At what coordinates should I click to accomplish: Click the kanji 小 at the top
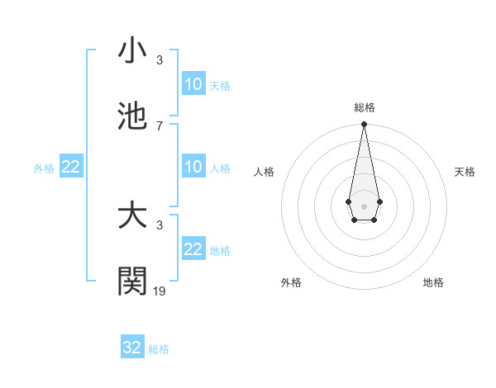point(132,50)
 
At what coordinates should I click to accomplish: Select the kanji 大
point(132,216)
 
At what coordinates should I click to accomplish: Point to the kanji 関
point(132,282)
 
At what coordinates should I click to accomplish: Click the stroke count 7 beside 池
point(160,126)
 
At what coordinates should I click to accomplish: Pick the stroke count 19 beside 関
point(160,291)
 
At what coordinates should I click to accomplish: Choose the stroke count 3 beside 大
point(160,225)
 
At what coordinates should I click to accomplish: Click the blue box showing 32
point(132,348)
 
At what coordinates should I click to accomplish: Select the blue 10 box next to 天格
point(193,84)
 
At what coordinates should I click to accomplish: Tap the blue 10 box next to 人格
point(193,167)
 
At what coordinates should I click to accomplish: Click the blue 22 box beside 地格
point(193,249)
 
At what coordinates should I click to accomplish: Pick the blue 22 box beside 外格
point(71,167)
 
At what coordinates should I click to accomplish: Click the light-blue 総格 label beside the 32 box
point(159,349)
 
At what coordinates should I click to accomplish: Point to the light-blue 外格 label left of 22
point(44,168)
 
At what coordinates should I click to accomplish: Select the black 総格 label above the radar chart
point(364,107)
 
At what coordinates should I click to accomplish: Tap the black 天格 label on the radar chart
point(465,172)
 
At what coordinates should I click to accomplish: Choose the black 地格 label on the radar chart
point(433,283)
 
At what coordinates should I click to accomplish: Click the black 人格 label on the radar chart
point(265,172)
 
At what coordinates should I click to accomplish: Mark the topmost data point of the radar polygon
point(364,125)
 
